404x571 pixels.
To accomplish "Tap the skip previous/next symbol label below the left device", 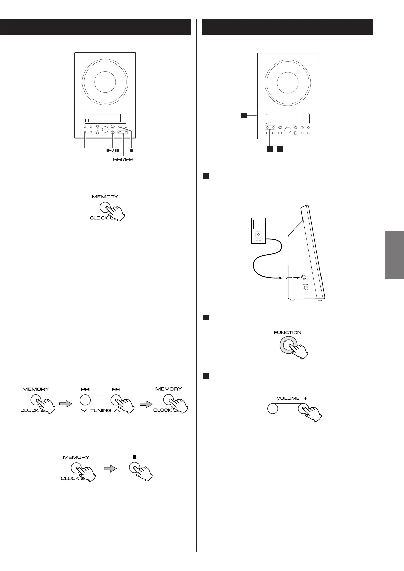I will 123,159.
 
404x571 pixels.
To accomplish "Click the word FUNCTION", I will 288,332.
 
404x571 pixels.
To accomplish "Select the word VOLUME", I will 288,398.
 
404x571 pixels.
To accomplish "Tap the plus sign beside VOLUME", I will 306,398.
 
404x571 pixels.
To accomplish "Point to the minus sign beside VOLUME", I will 271,398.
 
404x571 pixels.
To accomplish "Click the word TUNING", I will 100,410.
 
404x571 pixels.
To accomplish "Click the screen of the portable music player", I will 258,224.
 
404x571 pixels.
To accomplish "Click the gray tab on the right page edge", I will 394,255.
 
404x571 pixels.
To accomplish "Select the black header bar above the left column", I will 95,27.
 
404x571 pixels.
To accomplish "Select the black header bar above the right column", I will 288,27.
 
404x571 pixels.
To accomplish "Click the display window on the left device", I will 105,118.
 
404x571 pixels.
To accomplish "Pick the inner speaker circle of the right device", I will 288,82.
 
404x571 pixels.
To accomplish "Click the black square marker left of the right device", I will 244,116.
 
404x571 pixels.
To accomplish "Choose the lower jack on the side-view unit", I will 306,288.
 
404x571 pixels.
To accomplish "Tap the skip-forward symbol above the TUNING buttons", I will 116,389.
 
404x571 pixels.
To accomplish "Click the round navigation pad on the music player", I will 258,234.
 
